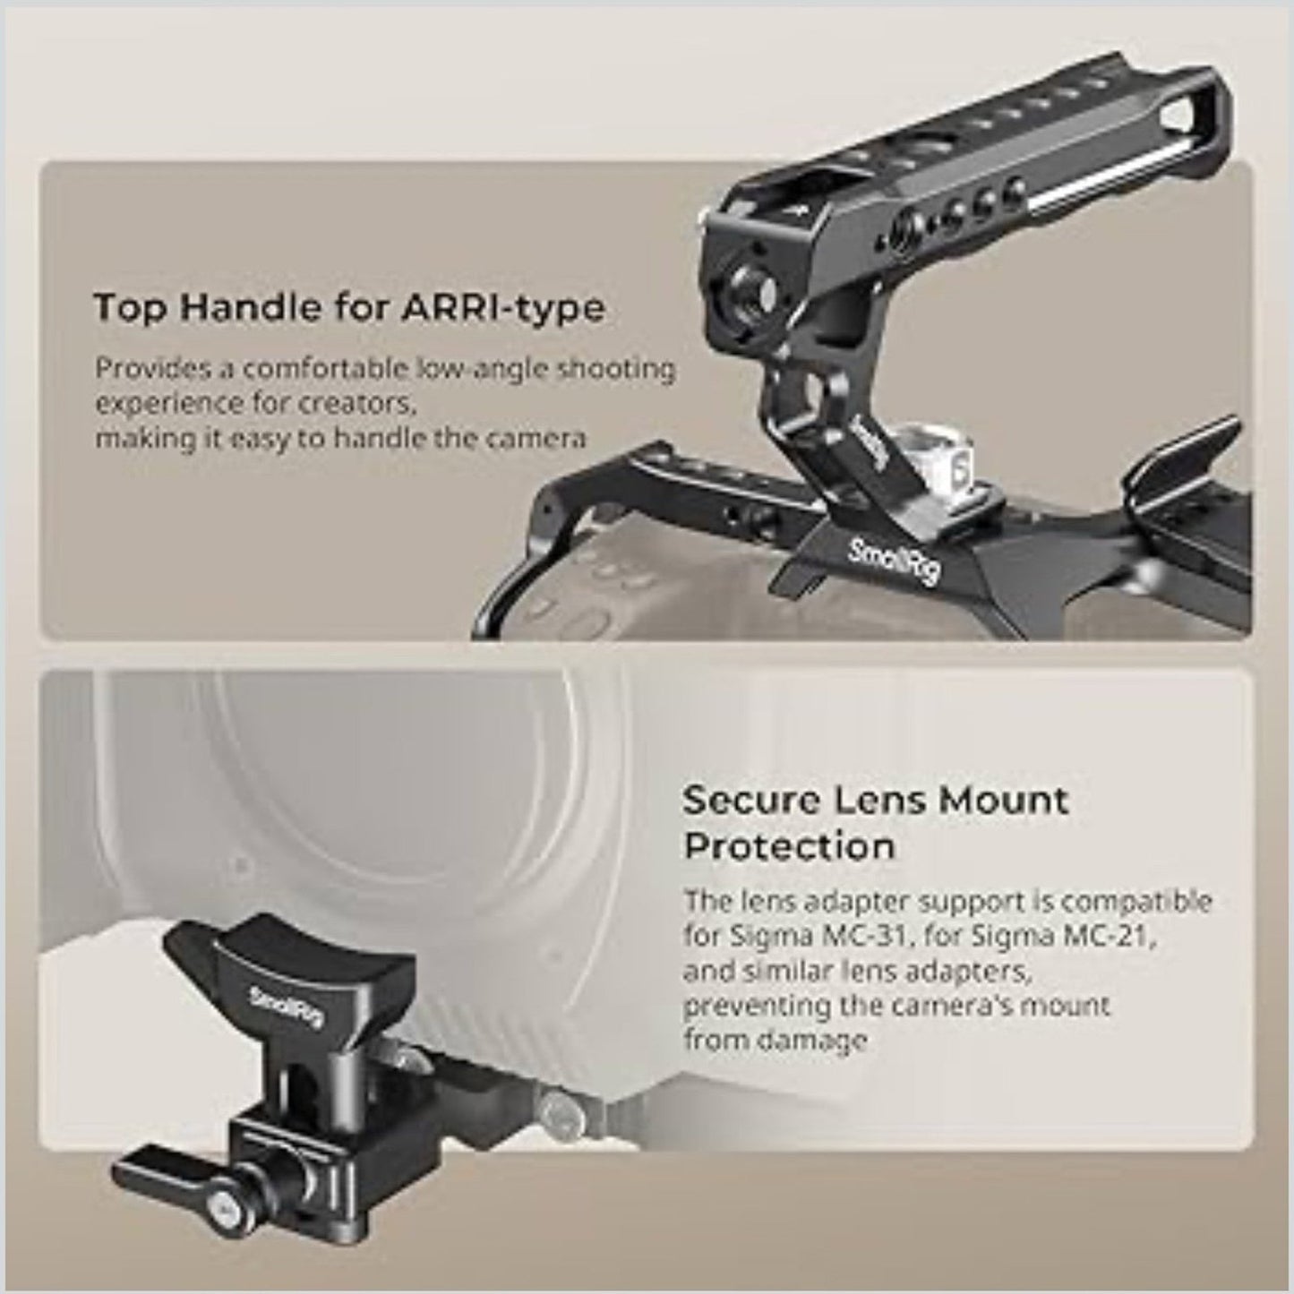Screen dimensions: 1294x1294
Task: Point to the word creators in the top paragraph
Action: click(x=364, y=404)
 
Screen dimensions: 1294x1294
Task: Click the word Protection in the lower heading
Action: click(x=789, y=846)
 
